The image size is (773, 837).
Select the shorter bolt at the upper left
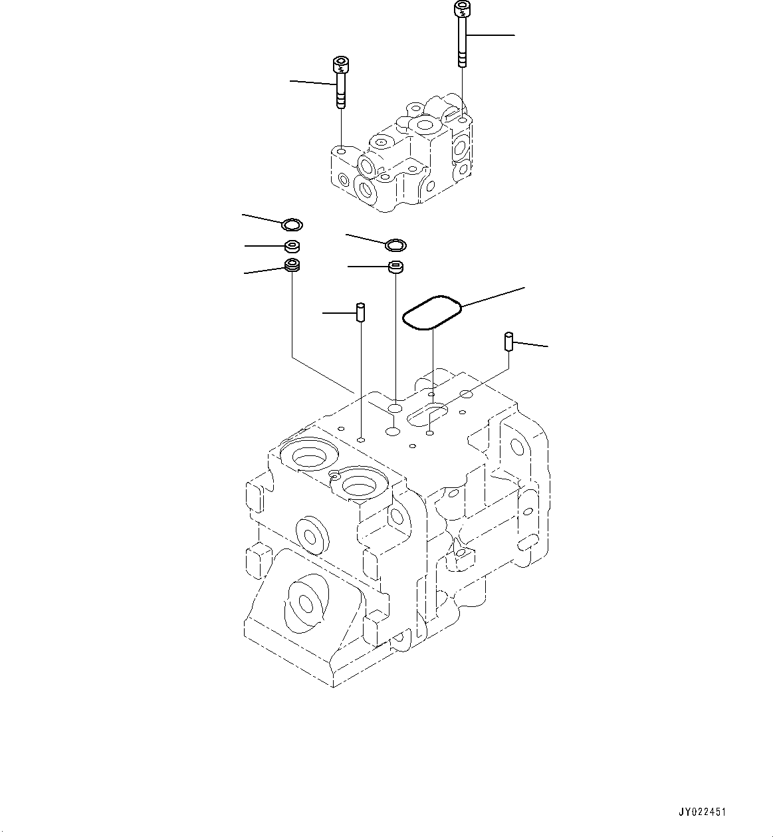click(340, 82)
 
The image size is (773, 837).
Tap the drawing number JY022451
click(702, 812)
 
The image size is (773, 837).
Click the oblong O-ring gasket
click(432, 312)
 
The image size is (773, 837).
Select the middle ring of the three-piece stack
click(291, 247)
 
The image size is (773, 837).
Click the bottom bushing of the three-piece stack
click(292, 266)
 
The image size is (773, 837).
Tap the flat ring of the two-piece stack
click(395, 245)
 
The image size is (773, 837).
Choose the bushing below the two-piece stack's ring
click(396, 267)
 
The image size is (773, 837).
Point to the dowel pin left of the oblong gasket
click(360, 312)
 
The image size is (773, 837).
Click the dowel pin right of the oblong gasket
click(508, 342)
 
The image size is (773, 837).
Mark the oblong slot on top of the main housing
click(430, 414)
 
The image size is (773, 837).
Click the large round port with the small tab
click(360, 483)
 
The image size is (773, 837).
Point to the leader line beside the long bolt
click(491, 34)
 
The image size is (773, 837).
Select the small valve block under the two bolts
click(399, 160)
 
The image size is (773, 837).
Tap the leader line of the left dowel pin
click(338, 312)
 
